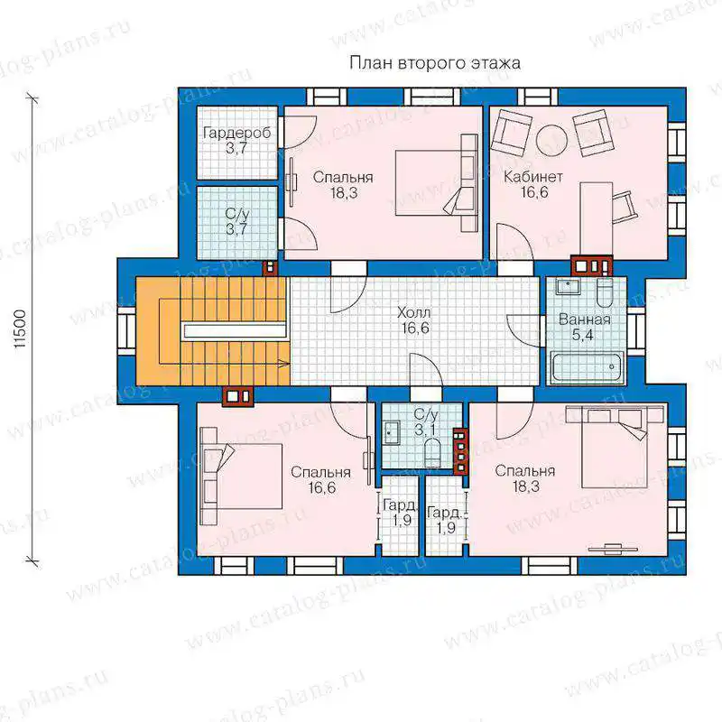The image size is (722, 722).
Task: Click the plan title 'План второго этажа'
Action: [x=435, y=62]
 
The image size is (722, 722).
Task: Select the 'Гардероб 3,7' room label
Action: [x=236, y=141]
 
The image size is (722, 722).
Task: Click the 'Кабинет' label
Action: [x=533, y=176]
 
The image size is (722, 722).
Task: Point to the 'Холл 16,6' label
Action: [x=414, y=320]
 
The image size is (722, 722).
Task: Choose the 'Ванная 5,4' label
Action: [x=584, y=327]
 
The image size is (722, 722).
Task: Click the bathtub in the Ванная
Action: [x=588, y=366]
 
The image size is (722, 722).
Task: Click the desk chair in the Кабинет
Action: [x=625, y=208]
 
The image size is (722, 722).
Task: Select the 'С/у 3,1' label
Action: [x=426, y=421]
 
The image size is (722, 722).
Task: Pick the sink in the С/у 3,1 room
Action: [x=393, y=432]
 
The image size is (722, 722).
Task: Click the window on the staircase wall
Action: [x=126, y=329]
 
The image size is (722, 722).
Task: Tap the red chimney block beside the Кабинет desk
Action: [x=592, y=265]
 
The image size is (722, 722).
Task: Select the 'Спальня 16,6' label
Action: [x=321, y=479]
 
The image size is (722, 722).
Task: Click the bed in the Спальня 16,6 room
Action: [x=241, y=477]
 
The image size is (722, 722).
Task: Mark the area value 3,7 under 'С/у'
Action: [x=236, y=228]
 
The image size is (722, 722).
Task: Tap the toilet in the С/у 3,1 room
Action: [x=432, y=453]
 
